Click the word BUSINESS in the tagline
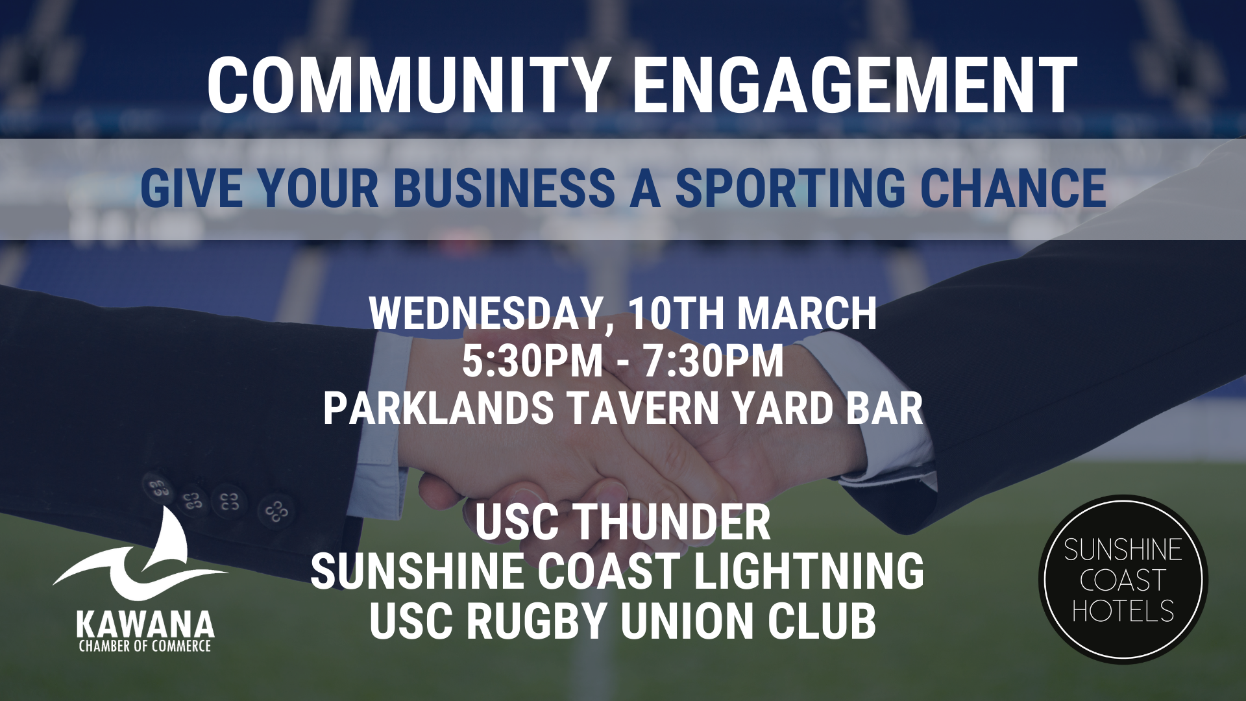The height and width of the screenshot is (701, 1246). coord(504,189)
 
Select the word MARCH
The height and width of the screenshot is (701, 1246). coord(807,313)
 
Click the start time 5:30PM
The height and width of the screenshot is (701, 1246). coord(532,361)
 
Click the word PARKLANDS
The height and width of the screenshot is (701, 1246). coord(439,408)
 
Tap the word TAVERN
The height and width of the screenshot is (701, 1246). coord(644,408)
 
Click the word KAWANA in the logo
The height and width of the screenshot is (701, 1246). coord(145,624)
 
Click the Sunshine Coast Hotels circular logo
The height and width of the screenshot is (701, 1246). coord(1123,580)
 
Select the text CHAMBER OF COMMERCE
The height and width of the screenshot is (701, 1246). coord(145,646)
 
